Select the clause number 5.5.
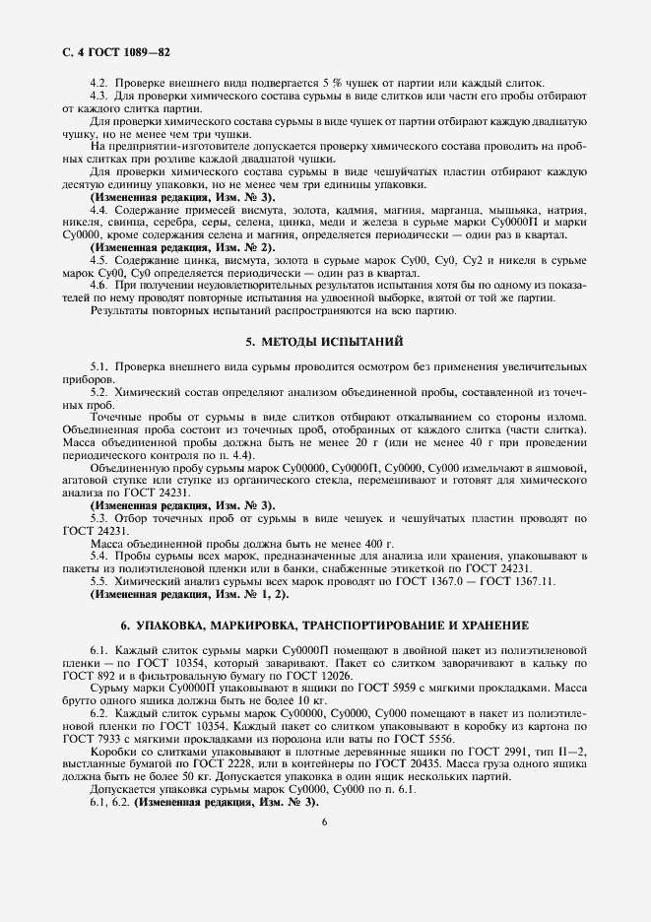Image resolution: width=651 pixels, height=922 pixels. pos(99,581)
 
